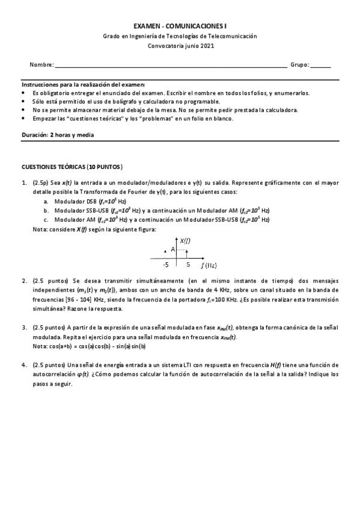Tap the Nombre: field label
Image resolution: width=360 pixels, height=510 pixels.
coord(41,65)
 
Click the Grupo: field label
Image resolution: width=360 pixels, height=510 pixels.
coord(299,65)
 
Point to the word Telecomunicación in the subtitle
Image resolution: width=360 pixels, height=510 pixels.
coord(232,36)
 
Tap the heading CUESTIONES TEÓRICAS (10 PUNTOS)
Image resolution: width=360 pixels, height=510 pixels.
coord(72,166)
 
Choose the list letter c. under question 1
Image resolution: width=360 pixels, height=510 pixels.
coord(46,220)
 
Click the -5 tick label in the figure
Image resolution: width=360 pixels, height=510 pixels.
coord(165,264)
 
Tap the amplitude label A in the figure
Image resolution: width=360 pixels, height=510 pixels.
coord(172,249)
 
